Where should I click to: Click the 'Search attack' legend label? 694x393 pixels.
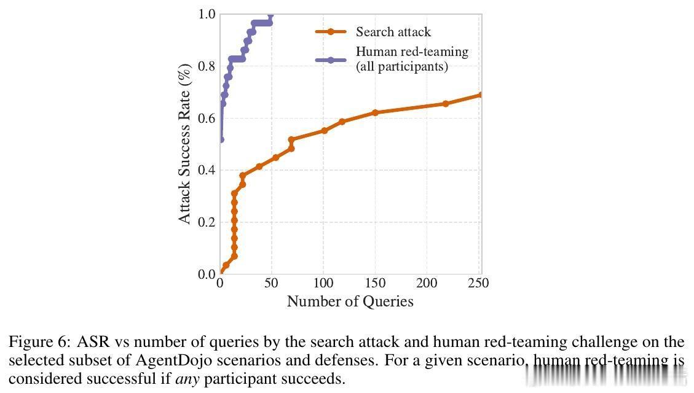393,32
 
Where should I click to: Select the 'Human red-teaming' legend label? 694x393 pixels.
412,52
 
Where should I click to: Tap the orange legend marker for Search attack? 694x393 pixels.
331,32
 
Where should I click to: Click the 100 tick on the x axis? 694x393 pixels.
323,283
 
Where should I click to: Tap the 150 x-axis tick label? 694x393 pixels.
375,283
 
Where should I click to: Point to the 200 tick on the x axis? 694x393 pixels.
427,283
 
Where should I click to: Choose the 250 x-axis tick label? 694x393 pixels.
478,283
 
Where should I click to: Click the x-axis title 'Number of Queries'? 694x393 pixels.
350,302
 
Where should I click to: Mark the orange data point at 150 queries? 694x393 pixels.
375,113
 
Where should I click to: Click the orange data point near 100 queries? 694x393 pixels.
325,130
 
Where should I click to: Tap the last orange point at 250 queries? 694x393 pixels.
480,95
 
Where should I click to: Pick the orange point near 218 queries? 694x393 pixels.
446,104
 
